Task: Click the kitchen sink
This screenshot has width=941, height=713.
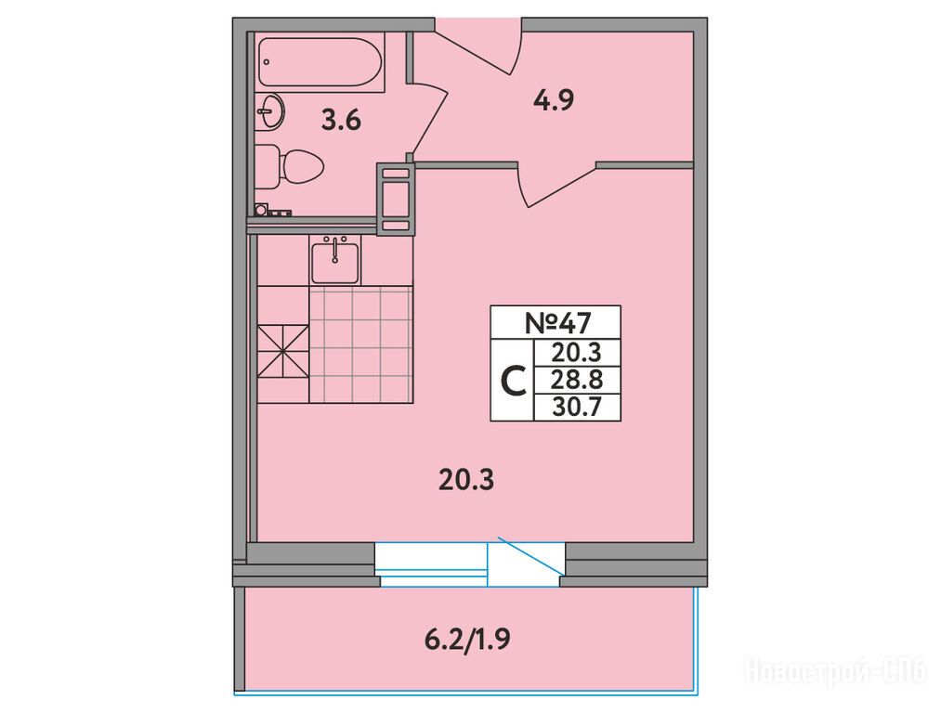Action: click(334, 260)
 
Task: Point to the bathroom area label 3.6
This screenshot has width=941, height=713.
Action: click(341, 121)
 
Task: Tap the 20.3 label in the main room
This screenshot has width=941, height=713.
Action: click(466, 480)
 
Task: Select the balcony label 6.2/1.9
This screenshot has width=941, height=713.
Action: click(467, 640)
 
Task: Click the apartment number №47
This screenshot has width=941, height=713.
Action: click(557, 323)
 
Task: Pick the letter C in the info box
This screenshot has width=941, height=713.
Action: click(513, 381)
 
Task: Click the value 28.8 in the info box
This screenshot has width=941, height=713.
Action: click(577, 381)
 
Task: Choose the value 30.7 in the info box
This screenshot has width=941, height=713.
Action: click(577, 408)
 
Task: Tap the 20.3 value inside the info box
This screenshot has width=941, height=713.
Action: click(577, 353)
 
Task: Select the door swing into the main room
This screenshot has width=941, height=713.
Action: click(557, 185)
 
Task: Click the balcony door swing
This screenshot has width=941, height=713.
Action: click(529, 558)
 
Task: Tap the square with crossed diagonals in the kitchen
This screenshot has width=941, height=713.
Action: click(283, 352)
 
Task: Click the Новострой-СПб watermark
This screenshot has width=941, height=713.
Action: click(836, 669)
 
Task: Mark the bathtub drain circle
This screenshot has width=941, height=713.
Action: click(267, 62)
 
